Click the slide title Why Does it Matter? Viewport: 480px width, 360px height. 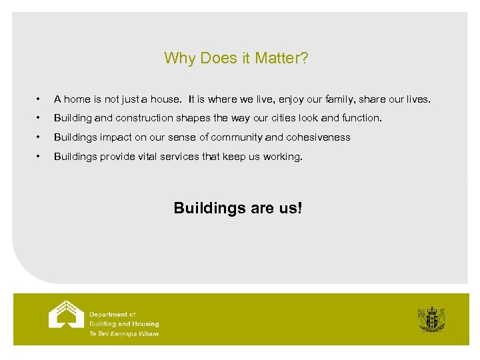tap(236, 59)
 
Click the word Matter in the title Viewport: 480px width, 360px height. tap(284, 59)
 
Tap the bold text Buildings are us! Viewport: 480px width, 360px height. tap(237, 208)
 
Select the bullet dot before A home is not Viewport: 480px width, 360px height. tap(41, 99)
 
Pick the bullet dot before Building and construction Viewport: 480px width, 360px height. tap(41, 119)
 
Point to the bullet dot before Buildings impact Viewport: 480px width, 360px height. tap(41, 137)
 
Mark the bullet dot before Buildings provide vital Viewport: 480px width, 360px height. tap(41, 157)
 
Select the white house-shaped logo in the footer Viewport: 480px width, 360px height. tap(66, 315)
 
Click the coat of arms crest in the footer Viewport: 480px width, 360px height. tap(431, 319)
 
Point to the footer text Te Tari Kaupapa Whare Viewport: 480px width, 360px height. tap(124, 334)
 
